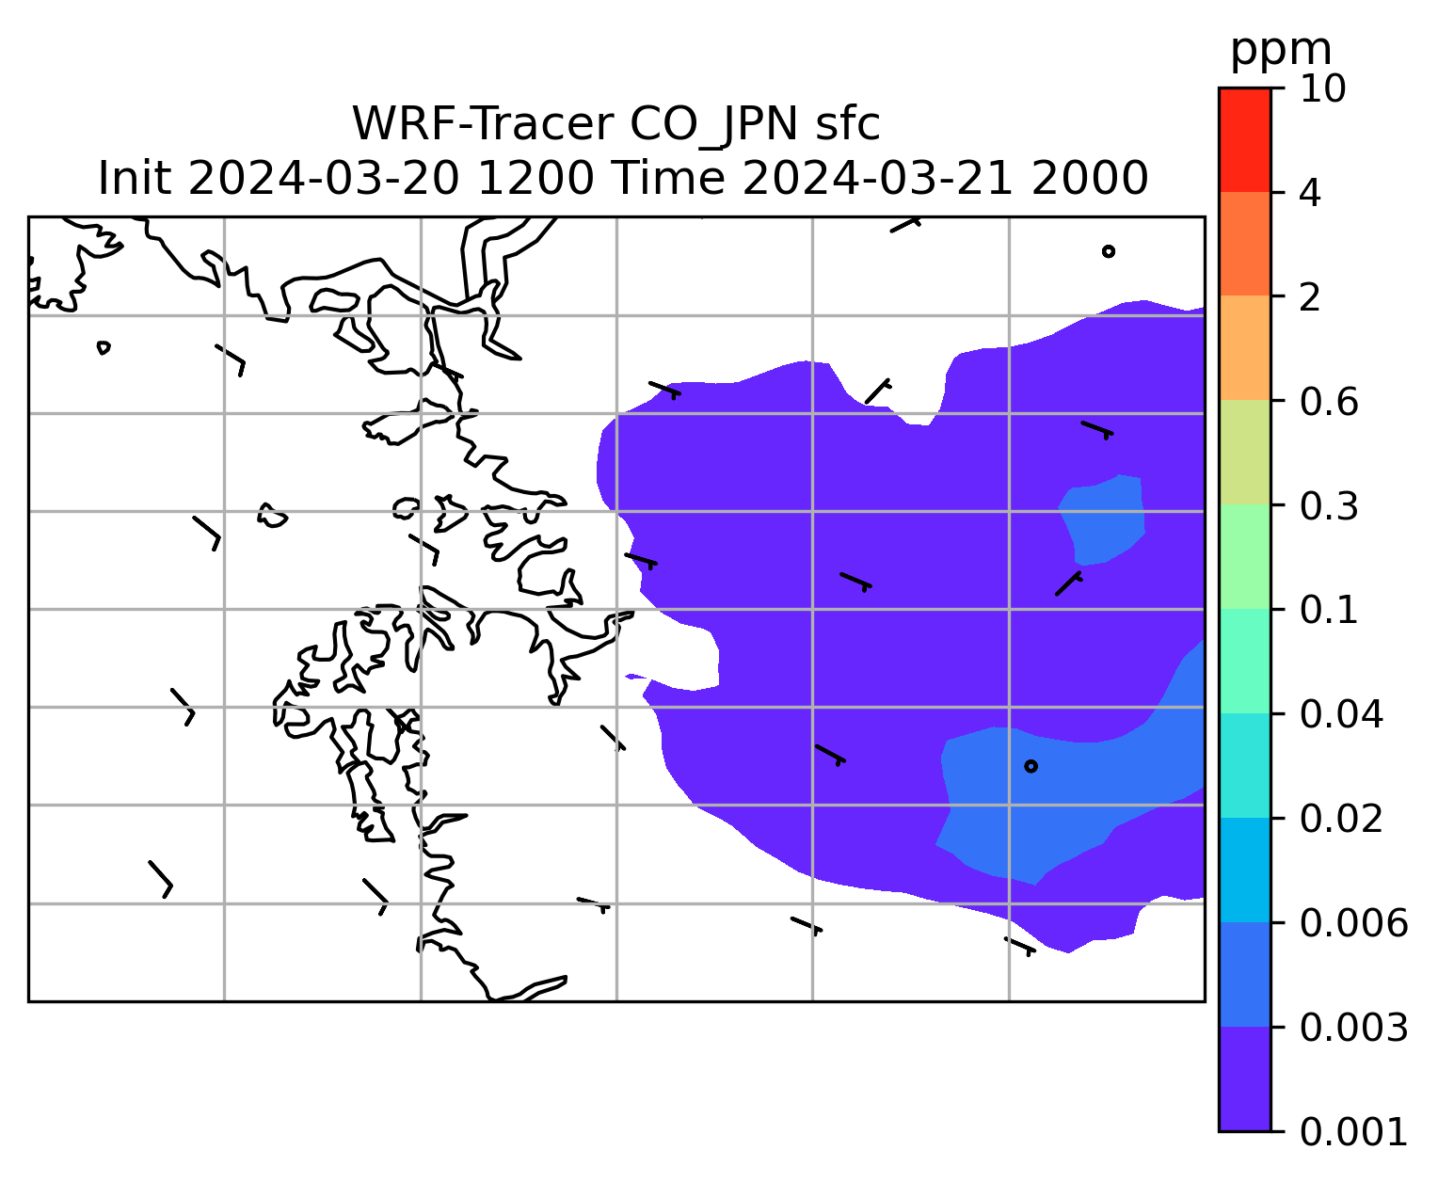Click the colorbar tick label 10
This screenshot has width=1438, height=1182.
pos(1323,88)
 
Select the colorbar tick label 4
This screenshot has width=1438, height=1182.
pos(1310,193)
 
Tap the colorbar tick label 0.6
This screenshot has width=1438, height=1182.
pos(1329,402)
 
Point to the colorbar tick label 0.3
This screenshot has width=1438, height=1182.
pos(1329,505)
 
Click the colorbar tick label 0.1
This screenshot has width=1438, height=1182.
pos(1329,610)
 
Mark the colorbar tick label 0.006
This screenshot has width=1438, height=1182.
pos(1353,923)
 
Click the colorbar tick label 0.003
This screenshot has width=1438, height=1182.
pos(1353,1028)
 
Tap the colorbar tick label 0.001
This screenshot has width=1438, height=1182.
pos(1353,1131)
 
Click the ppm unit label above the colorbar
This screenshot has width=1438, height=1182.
pos(1281,51)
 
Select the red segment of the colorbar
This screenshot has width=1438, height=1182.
pos(1245,139)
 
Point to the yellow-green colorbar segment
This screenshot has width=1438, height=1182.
pos(1245,452)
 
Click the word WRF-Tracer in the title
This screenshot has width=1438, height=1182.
pos(482,124)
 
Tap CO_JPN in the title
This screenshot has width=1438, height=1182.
pos(713,125)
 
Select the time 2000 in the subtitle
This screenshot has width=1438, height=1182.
pos(1090,179)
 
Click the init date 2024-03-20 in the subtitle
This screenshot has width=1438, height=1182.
pos(324,179)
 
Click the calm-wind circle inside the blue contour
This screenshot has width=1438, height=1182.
pos(1031,766)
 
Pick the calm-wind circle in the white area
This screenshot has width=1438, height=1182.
pos(1109,251)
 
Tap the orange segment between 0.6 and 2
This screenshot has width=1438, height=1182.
pos(1245,347)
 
